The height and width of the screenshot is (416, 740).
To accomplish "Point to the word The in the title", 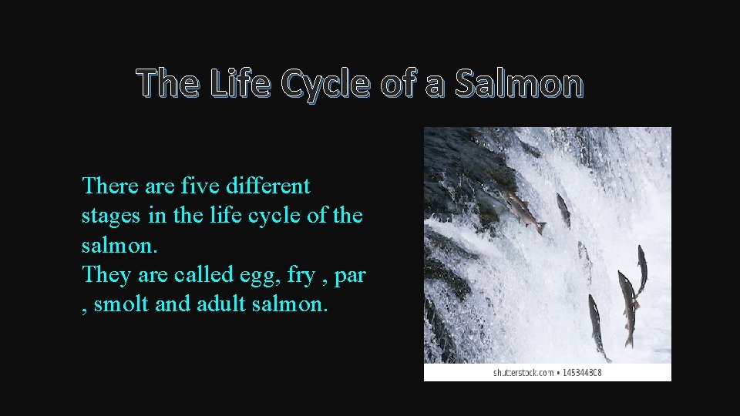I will [169, 84].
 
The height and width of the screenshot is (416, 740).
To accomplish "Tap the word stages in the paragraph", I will [113, 216].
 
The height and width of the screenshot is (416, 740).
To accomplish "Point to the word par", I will [350, 275].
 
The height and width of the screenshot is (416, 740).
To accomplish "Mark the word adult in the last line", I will [222, 305].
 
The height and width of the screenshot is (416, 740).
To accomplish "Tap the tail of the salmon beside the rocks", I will [541, 228].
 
